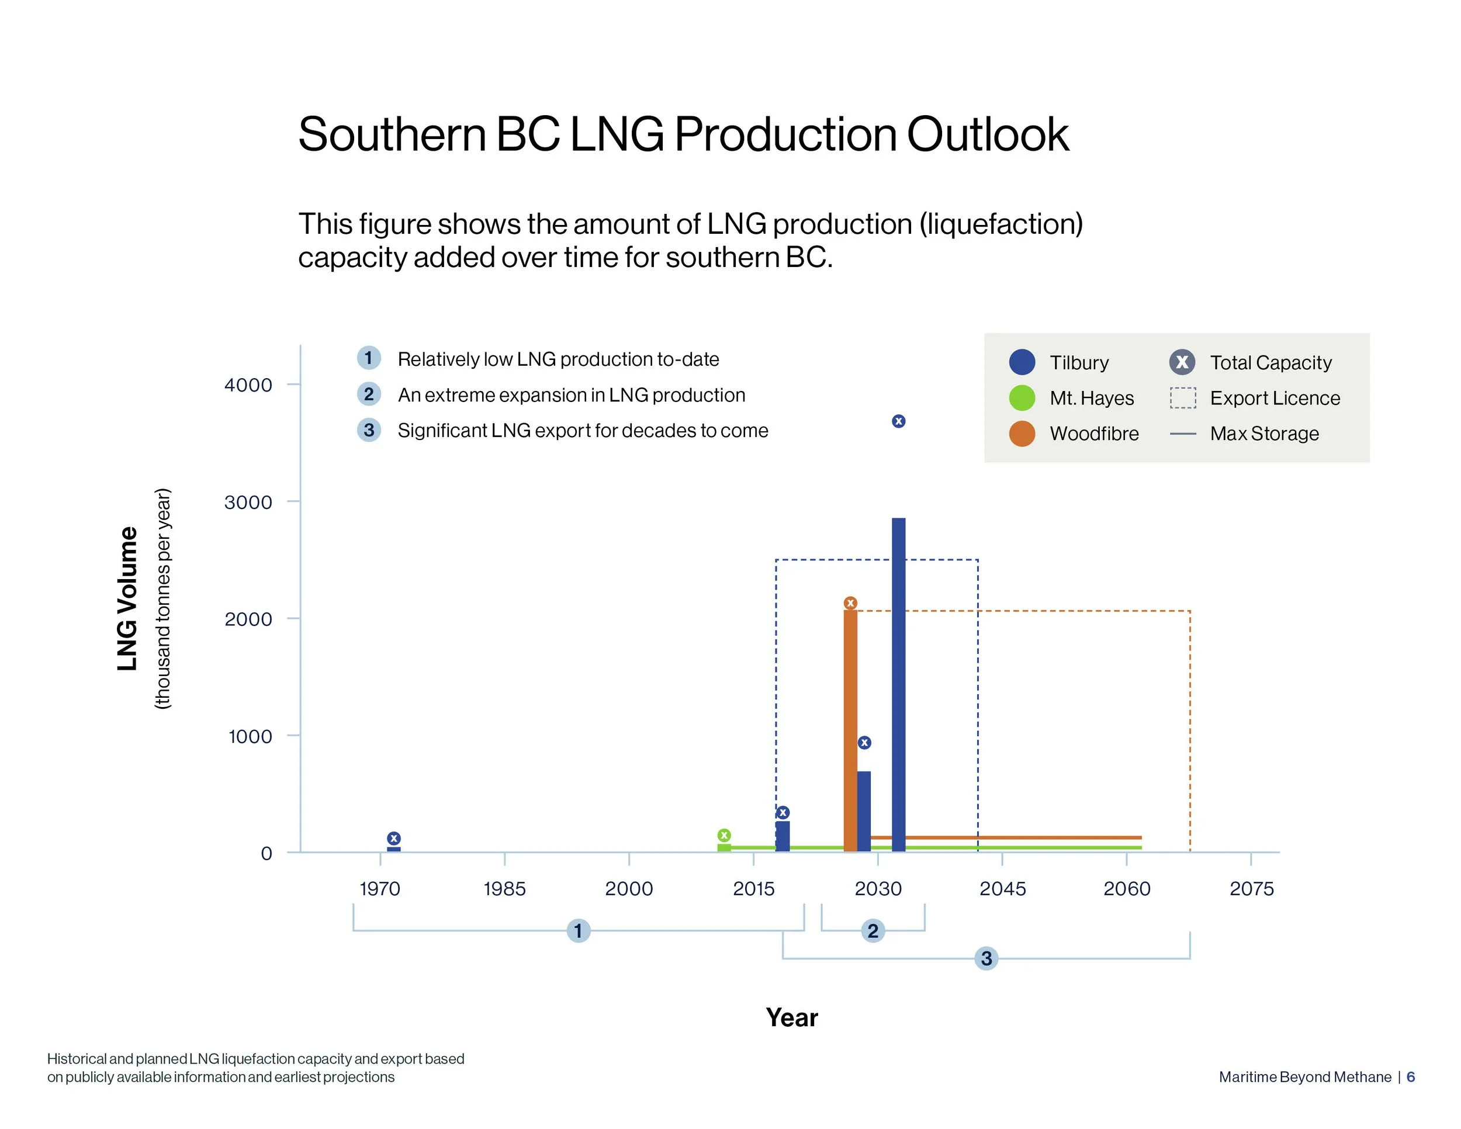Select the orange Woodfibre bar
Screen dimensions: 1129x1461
point(850,729)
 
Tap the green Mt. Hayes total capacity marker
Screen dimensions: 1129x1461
point(724,834)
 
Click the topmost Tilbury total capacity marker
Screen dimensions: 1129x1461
point(898,421)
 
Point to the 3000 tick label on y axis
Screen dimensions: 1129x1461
point(248,503)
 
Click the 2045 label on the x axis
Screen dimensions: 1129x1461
point(1002,889)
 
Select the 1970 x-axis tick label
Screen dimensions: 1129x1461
point(380,889)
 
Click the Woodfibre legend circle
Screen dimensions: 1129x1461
point(1022,434)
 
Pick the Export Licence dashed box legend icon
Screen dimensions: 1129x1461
point(1182,398)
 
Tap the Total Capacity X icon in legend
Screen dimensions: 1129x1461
point(1182,362)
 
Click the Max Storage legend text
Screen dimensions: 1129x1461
point(1263,434)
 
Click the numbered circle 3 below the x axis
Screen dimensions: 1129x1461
point(986,958)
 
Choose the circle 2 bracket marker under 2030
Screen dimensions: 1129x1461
point(873,930)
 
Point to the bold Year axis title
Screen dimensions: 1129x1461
point(791,1017)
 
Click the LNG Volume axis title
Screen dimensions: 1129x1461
point(127,598)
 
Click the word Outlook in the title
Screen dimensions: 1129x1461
point(988,134)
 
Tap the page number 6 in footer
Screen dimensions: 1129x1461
point(1410,1077)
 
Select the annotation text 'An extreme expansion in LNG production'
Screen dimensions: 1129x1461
point(572,394)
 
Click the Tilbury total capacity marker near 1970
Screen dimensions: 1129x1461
point(394,838)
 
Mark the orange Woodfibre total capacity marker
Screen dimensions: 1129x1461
point(850,602)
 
